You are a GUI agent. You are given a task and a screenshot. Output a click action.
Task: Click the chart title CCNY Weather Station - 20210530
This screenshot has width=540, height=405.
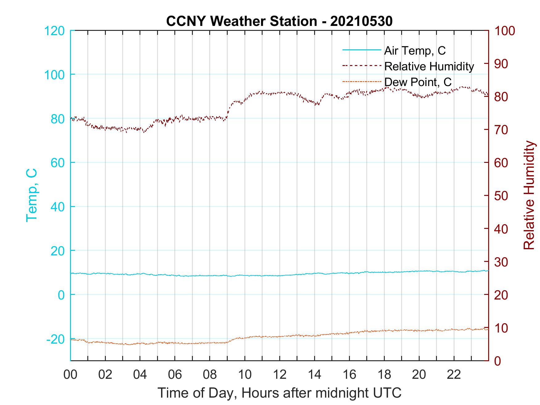click(x=279, y=21)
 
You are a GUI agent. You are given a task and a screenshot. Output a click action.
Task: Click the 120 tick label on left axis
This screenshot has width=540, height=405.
click(x=54, y=31)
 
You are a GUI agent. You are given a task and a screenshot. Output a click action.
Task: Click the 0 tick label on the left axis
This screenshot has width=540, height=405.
click(x=61, y=295)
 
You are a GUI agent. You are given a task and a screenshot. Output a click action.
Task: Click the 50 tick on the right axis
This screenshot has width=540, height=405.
click(x=501, y=196)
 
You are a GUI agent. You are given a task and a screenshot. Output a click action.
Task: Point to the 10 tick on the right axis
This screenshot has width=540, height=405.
click(x=501, y=328)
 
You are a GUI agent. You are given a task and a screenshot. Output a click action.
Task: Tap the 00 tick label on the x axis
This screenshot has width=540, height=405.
click(x=70, y=375)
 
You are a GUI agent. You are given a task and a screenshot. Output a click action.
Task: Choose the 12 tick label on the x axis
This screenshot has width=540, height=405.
click(x=280, y=375)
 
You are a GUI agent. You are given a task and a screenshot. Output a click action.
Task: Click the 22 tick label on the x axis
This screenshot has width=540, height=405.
click(x=454, y=375)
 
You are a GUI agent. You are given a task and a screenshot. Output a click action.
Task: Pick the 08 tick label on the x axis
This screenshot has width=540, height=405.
click(x=210, y=375)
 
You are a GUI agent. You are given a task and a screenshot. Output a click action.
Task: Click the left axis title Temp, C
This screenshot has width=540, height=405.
click(x=31, y=195)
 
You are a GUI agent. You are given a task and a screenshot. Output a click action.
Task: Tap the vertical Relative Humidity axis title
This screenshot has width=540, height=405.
click(x=529, y=195)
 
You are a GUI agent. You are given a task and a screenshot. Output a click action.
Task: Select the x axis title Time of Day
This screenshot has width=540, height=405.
click(x=279, y=393)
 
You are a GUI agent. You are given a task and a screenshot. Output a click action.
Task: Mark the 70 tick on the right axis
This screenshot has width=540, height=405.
click(x=501, y=130)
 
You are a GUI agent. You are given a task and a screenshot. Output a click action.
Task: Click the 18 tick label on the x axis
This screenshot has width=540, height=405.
click(x=384, y=375)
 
